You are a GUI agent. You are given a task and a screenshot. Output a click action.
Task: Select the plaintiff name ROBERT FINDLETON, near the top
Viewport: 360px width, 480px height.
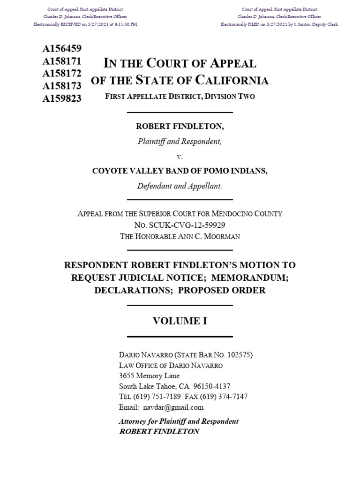(180, 127)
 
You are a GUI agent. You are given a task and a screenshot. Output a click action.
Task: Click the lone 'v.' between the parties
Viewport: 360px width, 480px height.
(180, 157)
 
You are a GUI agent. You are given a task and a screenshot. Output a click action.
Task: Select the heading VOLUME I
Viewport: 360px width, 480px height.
(180, 321)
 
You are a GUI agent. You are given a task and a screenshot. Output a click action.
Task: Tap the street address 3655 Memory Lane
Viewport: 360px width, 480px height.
(150, 375)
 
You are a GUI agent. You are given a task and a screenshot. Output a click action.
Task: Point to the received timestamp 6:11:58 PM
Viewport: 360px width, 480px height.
(122, 24)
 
